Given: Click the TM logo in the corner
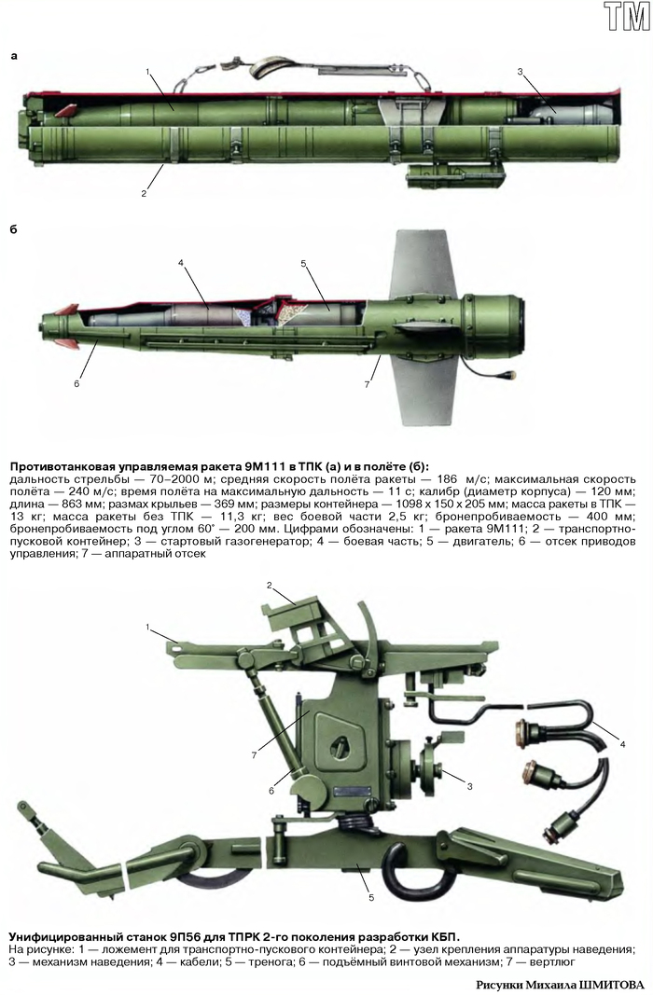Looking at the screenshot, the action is tap(626, 16).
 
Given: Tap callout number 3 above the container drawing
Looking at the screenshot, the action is tap(520, 72).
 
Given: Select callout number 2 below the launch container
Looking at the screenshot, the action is tap(144, 194).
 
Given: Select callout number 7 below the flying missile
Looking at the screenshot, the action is tap(367, 384).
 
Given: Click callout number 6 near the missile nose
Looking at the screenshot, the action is tap(76, 383).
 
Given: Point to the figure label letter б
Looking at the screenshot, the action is tap(13, 228).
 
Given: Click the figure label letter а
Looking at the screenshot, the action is tap(13, 57).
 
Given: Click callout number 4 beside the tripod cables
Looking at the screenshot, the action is tap(623, 744).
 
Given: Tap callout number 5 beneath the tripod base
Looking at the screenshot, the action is tap(371, 897).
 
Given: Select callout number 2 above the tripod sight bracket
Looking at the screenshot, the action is tap(269, 585).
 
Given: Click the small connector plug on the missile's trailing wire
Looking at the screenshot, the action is tap(507, 377).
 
